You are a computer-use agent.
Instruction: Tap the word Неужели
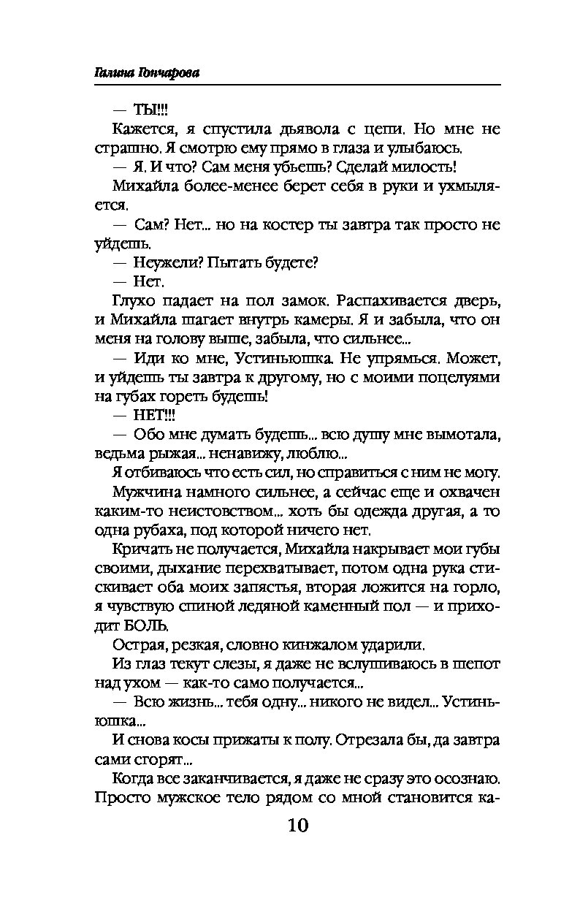click(x=166, y=262)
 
